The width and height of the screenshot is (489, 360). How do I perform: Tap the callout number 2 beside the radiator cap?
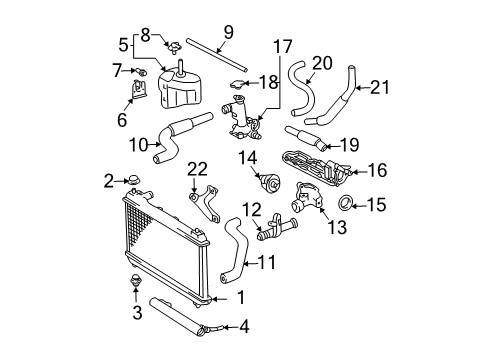[107, 181]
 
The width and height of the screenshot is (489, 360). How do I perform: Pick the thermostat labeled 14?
[269, 184]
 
